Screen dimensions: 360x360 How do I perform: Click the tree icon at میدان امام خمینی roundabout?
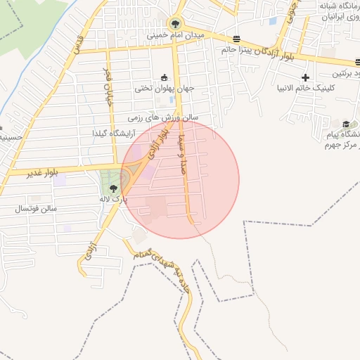tap(174, 23)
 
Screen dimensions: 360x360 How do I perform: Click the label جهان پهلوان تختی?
tap(165, 89)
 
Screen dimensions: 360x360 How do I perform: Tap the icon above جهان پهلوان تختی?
tap(165, 77)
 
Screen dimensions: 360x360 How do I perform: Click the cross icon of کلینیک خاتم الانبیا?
tap(305, 77)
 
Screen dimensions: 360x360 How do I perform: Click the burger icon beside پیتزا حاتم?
tap(236, 39)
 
